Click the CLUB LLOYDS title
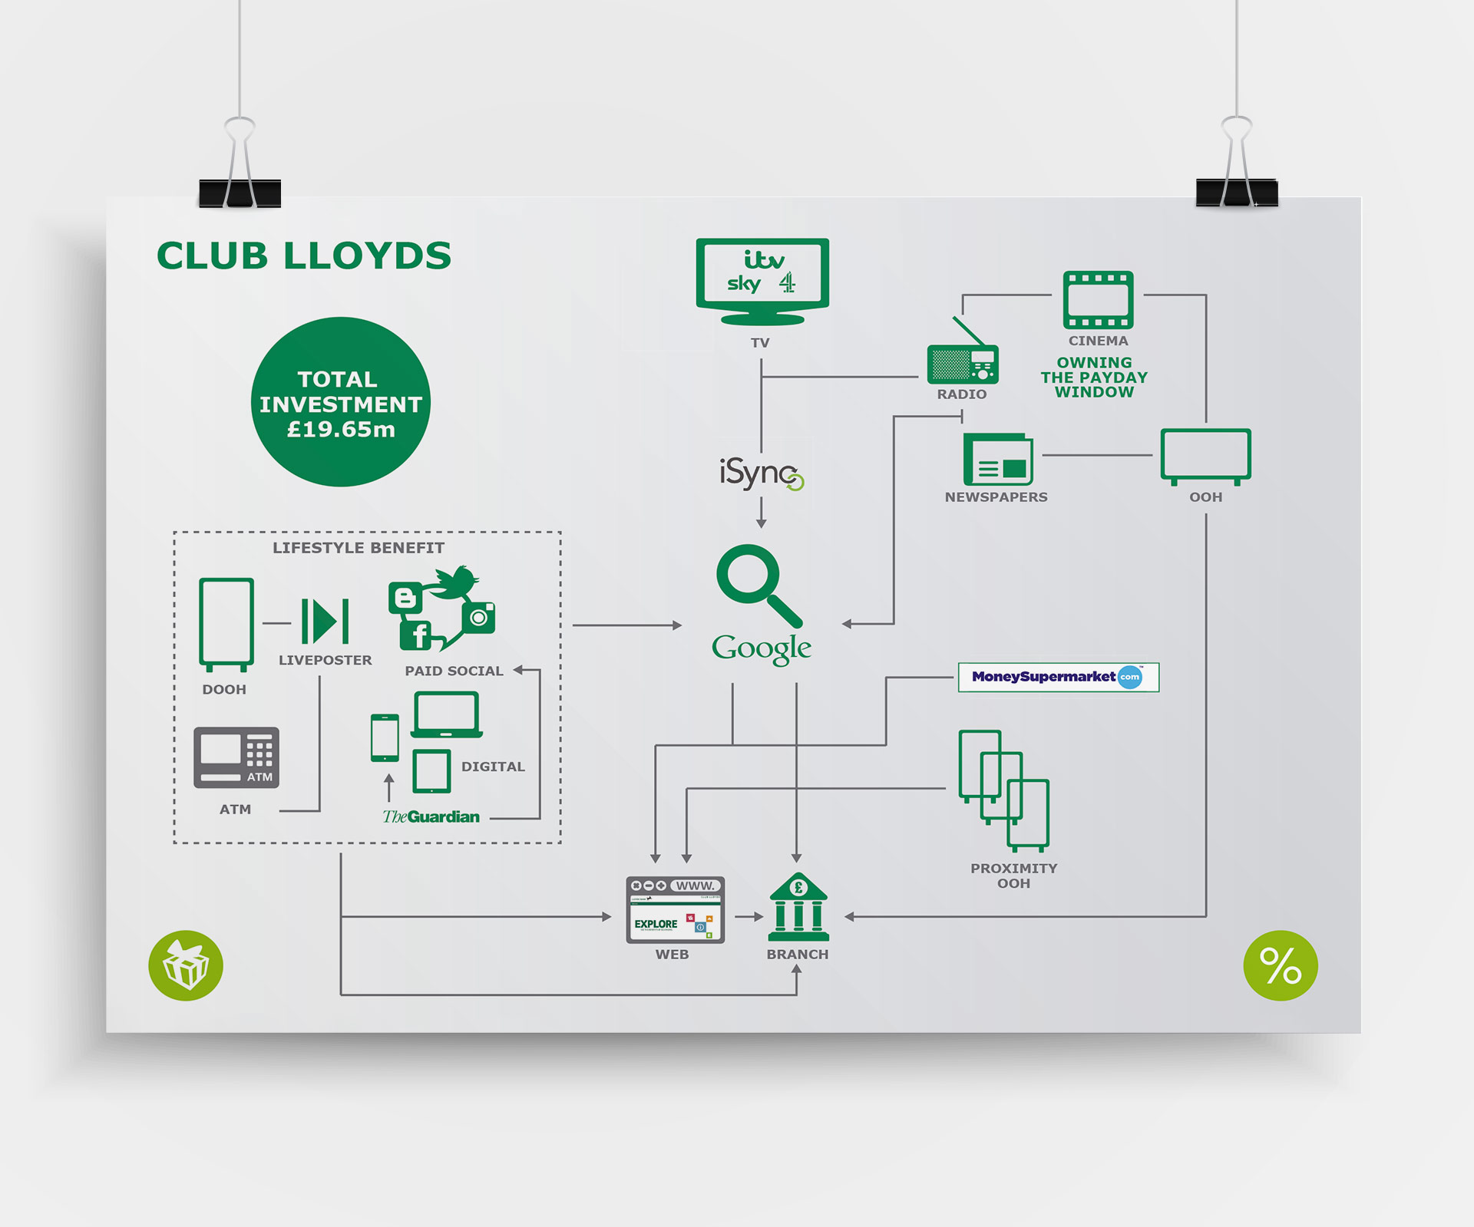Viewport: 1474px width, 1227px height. pos(304,256)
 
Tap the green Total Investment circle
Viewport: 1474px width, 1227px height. pos(341,402)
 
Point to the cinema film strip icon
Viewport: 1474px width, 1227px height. pos(1098,300)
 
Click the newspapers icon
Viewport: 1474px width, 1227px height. pos(998,459)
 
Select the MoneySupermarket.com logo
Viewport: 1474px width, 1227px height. pos(1058,677)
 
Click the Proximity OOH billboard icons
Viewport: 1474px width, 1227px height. pos(1003,790)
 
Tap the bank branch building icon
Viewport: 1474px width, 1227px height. pos(798,908)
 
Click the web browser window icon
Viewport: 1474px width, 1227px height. pos(675,909)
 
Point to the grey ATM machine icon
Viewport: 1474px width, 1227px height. pos(236,757)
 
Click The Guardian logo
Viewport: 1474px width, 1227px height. pos(431,816)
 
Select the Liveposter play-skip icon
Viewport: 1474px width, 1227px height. pos(326,621)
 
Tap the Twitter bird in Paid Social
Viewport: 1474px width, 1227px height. pos(457,582)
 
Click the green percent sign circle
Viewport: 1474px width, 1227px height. pos(1280,965)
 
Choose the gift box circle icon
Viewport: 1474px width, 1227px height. pos(186,965)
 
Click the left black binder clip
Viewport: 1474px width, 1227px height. pos(240,192)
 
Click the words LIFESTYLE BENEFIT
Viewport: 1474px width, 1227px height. pos(359,548)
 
